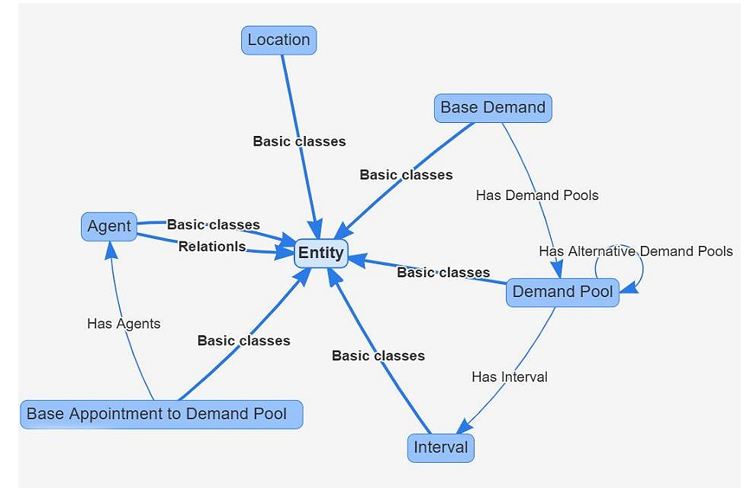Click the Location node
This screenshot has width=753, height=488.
click(278, 40)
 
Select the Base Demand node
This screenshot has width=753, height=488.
click(493, 108)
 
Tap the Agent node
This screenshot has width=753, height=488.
click(109, 226)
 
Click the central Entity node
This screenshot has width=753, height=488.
click(320, 253)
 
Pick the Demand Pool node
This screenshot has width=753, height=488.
click(562, 292)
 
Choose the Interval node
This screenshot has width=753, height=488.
click(440, 447)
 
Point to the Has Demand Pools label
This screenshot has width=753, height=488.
click(537, 196)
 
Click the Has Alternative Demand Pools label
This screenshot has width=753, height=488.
click(636, 251)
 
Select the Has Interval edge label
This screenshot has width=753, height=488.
click(509, 377)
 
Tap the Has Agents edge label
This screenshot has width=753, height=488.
click(124, 324)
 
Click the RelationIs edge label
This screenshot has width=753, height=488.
click(212, 247)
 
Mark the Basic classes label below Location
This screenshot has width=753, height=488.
click(299, 141)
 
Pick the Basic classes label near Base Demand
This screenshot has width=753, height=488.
click(406, 175)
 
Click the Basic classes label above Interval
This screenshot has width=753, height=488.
click(378, 356)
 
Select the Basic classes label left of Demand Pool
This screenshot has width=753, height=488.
click(443, 273)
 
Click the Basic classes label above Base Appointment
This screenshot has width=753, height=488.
click(243, 341)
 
